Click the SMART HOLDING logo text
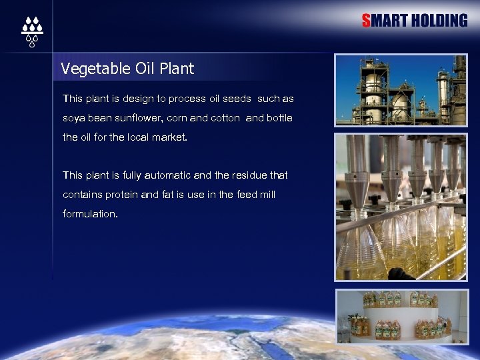[415, 21]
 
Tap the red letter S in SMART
[366, 21]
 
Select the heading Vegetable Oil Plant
[127, 69]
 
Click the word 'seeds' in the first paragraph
[237, 99]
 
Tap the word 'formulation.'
[90, 214]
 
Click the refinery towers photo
[401, 90]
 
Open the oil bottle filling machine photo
[401, 207]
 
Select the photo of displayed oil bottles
[401, 317]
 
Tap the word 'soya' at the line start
[73, 118]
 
